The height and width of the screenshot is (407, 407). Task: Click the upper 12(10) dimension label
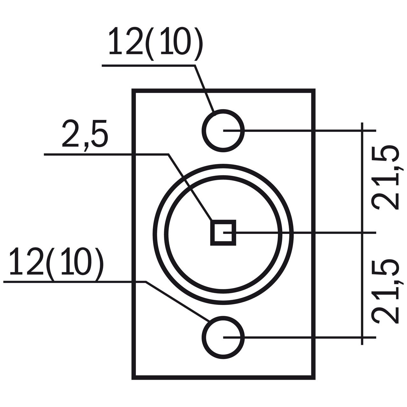coord(156,44)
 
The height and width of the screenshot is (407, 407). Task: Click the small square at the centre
coord(223,233)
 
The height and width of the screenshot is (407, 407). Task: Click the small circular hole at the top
coord(223,131)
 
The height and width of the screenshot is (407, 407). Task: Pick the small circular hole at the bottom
coord(223,337)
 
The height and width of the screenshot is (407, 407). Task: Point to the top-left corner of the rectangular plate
coord(134,90)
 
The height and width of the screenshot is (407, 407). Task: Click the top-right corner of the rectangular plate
coord(314,90)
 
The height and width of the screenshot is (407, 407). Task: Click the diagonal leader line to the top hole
coord(204,88)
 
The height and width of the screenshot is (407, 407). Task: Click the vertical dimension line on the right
coord(362,234)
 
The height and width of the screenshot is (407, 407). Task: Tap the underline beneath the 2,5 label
coord(106,155)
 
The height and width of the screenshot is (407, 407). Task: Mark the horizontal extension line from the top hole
coord(300,131)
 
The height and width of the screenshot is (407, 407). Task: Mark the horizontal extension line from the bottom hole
coord(300,337)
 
